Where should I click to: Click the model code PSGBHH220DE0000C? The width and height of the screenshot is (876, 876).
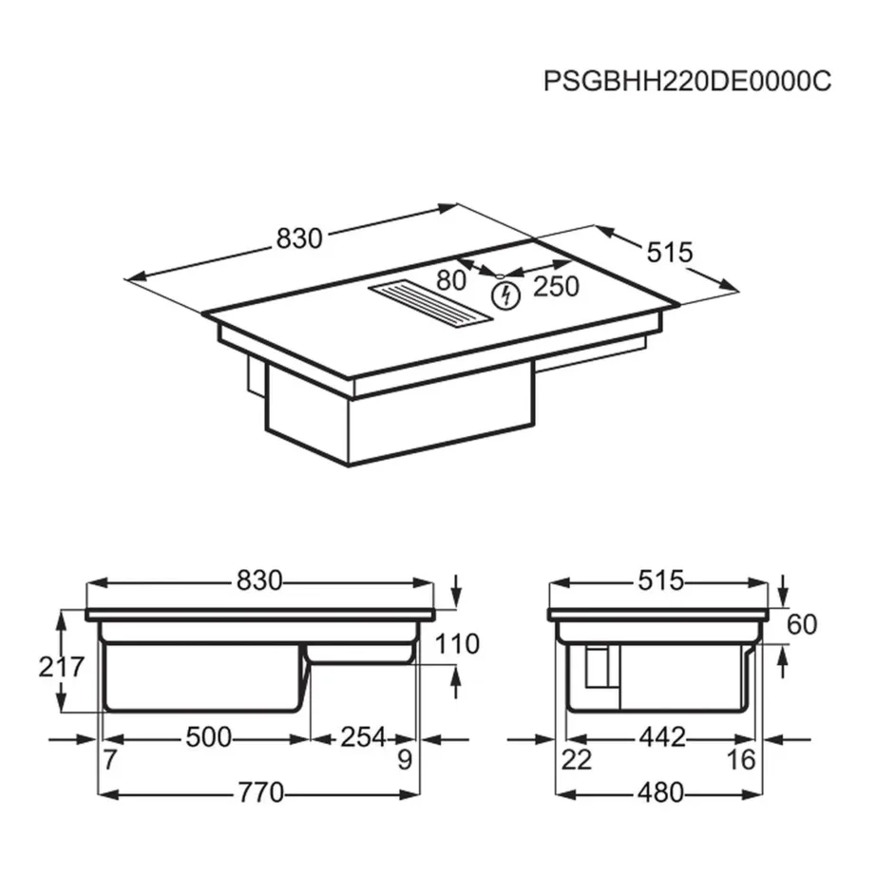(x=686, y=81)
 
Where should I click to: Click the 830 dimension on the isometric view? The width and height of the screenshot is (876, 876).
(x=299, y=239)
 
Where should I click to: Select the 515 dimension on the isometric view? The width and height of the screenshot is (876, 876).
(x=669, y=253)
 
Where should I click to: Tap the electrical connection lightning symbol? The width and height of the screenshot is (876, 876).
(x=507, y=295)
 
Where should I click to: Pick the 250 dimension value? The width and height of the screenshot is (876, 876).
(x=556, y=286)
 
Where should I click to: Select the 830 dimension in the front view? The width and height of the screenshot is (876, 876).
(x=260, y=581)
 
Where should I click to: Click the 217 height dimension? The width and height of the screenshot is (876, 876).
(x=62, y=666)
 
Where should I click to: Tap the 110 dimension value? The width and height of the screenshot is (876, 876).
(x=458, y=644)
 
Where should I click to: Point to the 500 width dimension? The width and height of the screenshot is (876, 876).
(x=207, y=736)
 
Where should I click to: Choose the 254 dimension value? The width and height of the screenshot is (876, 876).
(x=362, y=736)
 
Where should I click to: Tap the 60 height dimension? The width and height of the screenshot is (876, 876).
(x=802, y=624)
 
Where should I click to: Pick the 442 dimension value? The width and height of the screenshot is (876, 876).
(x=661, y=736)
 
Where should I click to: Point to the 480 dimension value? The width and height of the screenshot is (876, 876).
(x=661, y=791)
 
